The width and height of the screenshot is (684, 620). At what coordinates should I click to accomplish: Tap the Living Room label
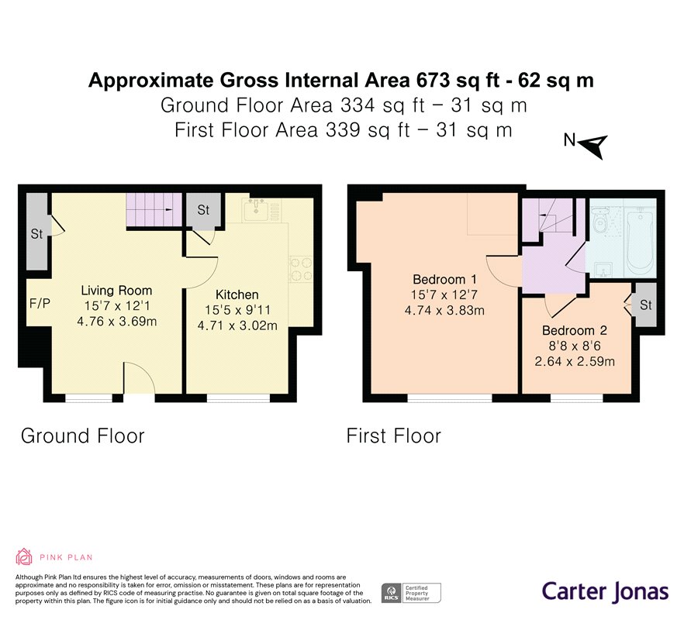116,291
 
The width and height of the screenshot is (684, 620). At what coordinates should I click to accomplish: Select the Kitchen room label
237,294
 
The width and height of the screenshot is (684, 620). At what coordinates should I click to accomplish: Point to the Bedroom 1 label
444,279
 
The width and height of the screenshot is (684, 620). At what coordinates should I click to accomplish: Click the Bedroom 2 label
575,330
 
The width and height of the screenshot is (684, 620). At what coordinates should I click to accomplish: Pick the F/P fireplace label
40,303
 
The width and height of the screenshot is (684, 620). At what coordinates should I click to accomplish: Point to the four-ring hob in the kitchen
301,269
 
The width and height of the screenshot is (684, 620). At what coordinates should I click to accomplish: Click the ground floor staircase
154,210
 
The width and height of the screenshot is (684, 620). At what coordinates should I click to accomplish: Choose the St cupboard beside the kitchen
203,210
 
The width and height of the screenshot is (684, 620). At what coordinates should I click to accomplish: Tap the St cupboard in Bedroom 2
645,305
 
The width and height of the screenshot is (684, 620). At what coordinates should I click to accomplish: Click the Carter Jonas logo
605,591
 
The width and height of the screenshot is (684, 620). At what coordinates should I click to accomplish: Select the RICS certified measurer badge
411,594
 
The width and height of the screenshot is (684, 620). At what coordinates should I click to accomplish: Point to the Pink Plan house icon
23,556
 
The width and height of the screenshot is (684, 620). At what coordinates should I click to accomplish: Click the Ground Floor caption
82,436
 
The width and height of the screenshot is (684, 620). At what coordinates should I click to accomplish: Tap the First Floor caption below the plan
393,436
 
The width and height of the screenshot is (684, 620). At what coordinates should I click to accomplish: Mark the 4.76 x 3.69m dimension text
116,322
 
